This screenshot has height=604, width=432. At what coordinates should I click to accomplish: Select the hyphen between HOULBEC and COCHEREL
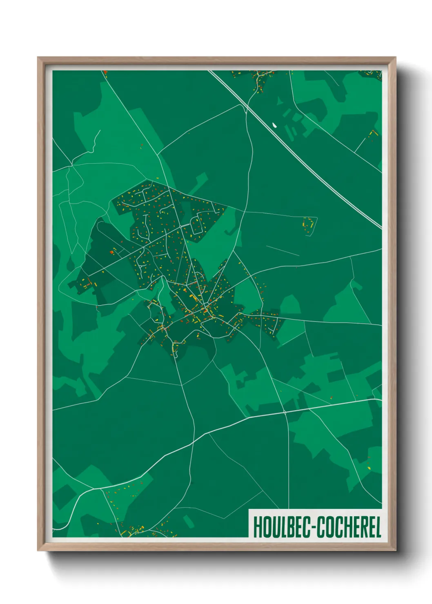click(x=314, y=528)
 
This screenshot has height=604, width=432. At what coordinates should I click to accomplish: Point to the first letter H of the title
click(x=257, y=527)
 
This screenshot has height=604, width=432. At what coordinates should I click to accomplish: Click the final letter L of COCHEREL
click(x=378, y=527)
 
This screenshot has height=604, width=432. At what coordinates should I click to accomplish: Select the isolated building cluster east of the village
click(x=309, y=225)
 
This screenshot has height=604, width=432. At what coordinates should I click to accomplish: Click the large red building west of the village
click(x=111, y=252)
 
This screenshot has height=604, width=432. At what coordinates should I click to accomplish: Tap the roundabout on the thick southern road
click(x=285, y=413)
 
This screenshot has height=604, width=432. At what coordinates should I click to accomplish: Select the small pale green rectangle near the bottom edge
click(x=188, y=521)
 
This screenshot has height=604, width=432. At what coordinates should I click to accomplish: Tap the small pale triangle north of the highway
click(x=279, y=100)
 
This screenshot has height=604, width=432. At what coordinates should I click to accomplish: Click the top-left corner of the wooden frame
click(x=38, y=58)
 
